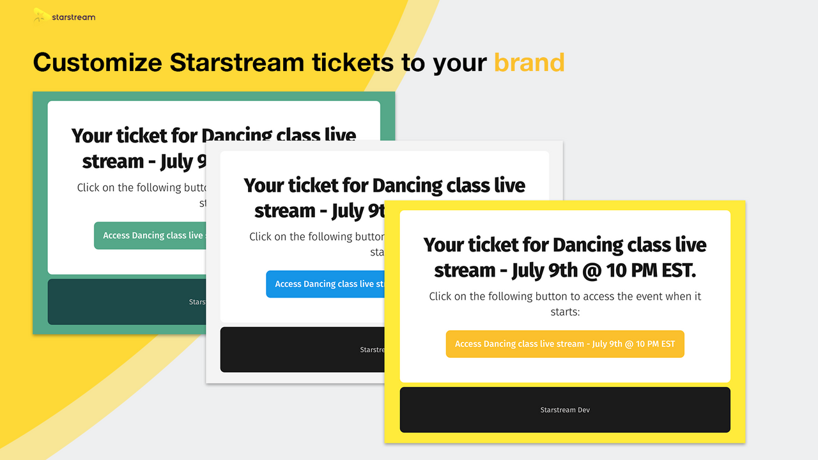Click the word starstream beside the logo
click(73, 17)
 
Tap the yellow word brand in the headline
click(529, 63)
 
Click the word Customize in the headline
click(97, 63)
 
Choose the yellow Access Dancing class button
click(565, 344)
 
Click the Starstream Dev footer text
click(565, 410)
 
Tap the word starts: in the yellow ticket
click(565, 312)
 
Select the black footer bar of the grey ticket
click(288, 349)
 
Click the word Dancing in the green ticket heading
click(237, 135)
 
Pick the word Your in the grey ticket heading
click(263, 185)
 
